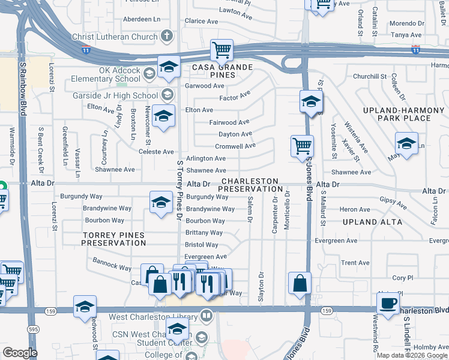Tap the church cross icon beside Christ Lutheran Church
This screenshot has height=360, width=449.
tap(166, 37)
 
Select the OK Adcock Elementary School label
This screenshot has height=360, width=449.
tap(106, 74)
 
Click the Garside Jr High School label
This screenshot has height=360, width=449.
tap(119, 95)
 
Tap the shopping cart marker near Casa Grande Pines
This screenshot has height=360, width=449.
tap(221, 50)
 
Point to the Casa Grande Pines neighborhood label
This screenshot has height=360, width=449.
tap(221, 67)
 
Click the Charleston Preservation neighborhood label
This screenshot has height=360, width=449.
tap(248, 185)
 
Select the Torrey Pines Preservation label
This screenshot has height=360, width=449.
tap(113, 239)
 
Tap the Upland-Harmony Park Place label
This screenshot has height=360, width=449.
tap(397, 114)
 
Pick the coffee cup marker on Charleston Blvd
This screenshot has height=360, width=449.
tap(388, 304)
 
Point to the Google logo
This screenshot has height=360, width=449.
tap(19, 353)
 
